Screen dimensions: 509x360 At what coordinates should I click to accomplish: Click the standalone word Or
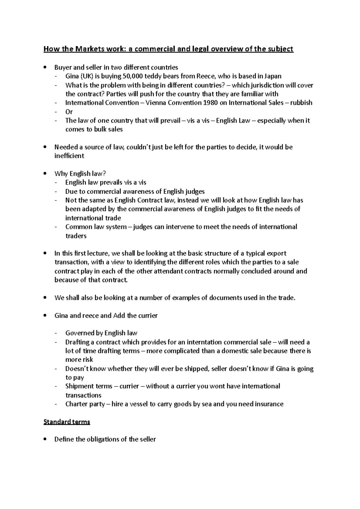tap(69, 112)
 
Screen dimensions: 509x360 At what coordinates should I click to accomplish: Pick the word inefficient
tap(69, 156)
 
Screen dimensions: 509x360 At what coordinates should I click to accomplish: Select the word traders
tap(76, 236)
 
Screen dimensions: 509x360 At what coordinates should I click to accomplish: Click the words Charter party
tap(85, 404)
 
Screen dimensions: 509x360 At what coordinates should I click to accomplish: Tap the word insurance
tap(269, 404)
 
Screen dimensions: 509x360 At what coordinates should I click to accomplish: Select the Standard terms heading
tap(67, 422)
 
